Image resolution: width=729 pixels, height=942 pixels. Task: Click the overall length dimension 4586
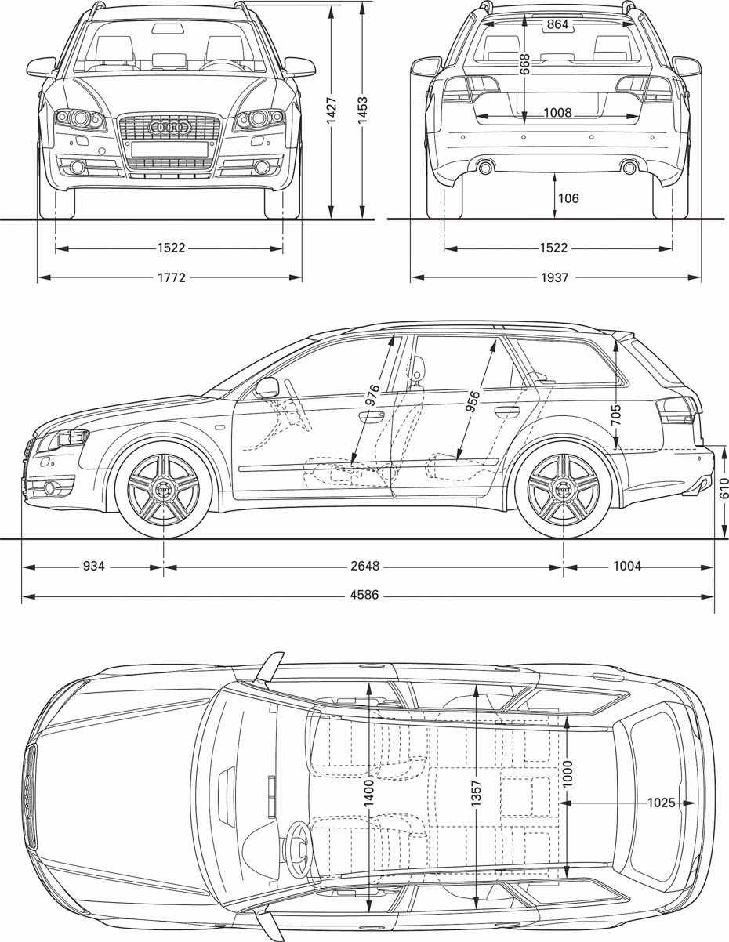364,595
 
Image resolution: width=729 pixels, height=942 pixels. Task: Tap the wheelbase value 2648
365,566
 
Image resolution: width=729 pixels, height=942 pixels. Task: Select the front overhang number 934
93,566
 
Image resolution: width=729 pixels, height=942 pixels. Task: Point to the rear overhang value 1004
627,566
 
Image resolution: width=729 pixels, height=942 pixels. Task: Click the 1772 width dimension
171,277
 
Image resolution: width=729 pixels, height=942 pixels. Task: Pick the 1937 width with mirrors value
554,277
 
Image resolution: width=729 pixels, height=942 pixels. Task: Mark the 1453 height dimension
362,111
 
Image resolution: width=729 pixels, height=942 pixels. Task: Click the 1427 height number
332,111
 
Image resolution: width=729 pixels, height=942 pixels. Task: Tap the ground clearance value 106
568,198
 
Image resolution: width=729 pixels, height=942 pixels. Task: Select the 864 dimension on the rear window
557,24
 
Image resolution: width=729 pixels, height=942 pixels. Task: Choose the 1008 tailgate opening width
558,113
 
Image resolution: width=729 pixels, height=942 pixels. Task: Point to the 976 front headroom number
372,395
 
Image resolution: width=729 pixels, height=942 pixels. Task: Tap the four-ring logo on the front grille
169,127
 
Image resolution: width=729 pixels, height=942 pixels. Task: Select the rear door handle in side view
507,411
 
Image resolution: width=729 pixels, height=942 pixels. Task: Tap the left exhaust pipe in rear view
485,167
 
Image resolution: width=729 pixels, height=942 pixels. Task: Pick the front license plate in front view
169,148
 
